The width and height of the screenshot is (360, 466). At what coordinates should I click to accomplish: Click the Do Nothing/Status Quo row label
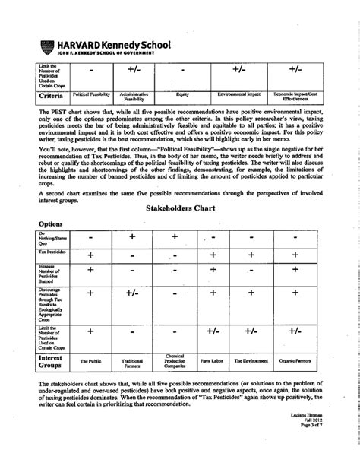click(x=52, y=236)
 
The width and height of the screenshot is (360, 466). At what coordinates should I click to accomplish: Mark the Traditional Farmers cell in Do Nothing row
click(x=132, y=237)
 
